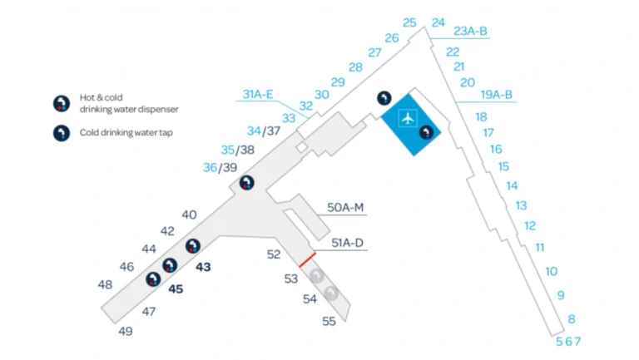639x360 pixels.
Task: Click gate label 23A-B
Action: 471,32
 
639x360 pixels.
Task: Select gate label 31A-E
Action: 258,94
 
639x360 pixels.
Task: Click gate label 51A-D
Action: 348,243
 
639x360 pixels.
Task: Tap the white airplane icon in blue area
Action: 407,117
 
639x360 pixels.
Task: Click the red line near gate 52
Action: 307,259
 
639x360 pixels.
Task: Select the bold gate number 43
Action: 203,267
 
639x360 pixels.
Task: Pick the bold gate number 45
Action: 176,289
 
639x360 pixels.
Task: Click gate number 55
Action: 329,321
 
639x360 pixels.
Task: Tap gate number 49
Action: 126,331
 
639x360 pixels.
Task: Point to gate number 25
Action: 409,22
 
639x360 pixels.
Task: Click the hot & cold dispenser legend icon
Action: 61,103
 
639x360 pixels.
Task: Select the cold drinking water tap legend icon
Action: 61,132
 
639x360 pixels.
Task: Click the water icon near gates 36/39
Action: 246,183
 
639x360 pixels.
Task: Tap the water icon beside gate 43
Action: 193,245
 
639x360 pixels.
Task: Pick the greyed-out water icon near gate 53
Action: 316,277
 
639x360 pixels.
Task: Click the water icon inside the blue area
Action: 426,131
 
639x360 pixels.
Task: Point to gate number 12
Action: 530,225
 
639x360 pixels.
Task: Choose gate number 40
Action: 189,215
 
